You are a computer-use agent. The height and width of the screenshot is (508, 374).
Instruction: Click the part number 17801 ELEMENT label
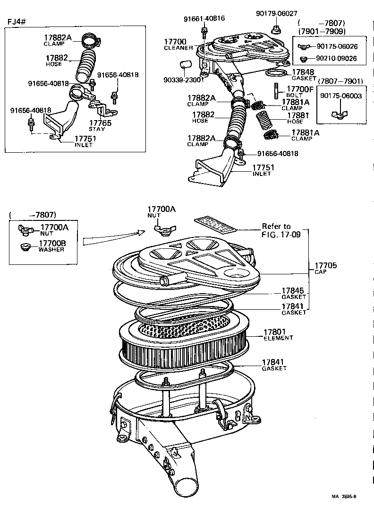point(278,335)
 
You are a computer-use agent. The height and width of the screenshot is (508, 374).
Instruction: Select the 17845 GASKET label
point(293,294)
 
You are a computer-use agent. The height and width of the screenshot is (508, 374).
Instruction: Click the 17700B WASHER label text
point(52,245)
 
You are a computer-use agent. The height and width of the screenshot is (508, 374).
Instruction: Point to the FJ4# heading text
point(17,22)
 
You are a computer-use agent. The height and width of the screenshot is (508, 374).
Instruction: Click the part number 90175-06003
point(340,96)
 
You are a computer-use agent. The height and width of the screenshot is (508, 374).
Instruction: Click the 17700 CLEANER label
point(178,45)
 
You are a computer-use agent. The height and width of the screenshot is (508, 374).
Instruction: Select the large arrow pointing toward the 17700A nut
point(113,237)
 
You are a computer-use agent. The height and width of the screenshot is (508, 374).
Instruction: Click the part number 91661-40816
point(204,18)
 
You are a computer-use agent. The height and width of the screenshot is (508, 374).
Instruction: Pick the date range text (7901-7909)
point(322,32)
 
